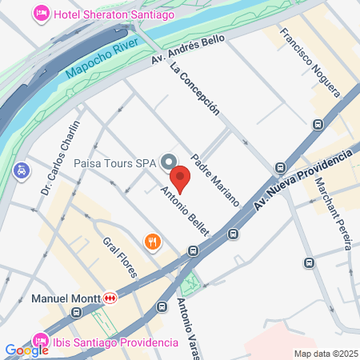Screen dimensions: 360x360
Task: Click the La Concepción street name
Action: pos(194,89)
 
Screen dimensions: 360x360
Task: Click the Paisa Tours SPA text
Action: pos(114,163)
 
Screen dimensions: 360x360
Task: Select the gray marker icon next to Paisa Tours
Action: pos(169,162)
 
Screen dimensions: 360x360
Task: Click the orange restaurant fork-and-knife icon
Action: pos(150,241)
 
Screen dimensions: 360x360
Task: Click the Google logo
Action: pos(26,350)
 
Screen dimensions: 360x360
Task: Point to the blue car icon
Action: pos(21,170)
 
